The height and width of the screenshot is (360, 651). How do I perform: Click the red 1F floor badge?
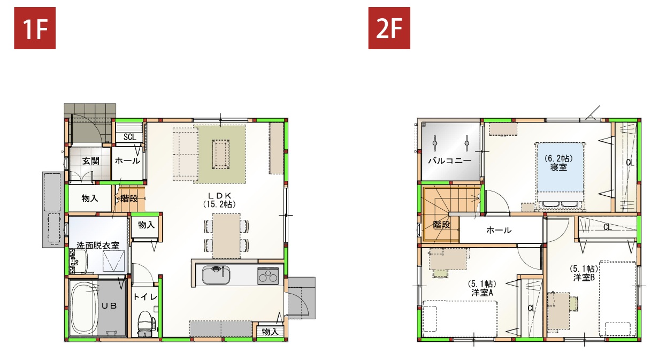click(x=35, y=28)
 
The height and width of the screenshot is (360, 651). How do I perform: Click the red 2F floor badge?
click(x=389, y=28)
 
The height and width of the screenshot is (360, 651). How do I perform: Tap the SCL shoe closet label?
click(x=129, y=137)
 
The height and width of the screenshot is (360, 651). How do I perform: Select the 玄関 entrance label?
click(x=91, y=160)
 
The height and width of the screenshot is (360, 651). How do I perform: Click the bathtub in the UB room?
click(x=83, y=309)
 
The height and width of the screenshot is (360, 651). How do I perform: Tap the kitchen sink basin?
click(x=216, y=275)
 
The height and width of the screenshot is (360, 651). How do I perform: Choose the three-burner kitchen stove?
click(x=268, y=275)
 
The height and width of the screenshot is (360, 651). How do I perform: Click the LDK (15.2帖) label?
click(x=219, y=200)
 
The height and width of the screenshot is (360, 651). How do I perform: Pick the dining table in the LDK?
click(x=226, y=236)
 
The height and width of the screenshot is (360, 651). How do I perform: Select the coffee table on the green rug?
click(x=221, y=154)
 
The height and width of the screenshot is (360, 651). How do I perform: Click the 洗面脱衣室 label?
click(x=98, y=246)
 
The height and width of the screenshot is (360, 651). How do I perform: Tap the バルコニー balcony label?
click(x=449, y=160)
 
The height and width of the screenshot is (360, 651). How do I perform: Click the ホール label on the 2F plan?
click(x=499, y=231)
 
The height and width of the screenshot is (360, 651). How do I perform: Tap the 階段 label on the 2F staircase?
click(x=441, y=225)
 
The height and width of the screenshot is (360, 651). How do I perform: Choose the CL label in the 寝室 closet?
click(x=630, y=163)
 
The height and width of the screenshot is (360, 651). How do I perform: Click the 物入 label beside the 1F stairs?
click(x=89, y=198)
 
